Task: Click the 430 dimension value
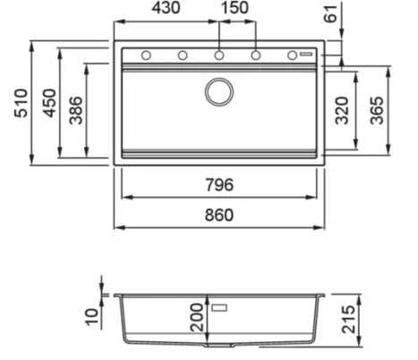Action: (166, 10)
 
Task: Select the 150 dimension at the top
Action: (235, 10)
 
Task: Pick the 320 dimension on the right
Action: (342, 111)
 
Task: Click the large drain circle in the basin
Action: (218, 90)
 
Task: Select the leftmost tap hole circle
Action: (146, 56)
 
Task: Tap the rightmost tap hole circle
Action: (292, 56)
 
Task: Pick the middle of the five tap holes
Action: (218, 56)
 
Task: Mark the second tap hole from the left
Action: (183, 56)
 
